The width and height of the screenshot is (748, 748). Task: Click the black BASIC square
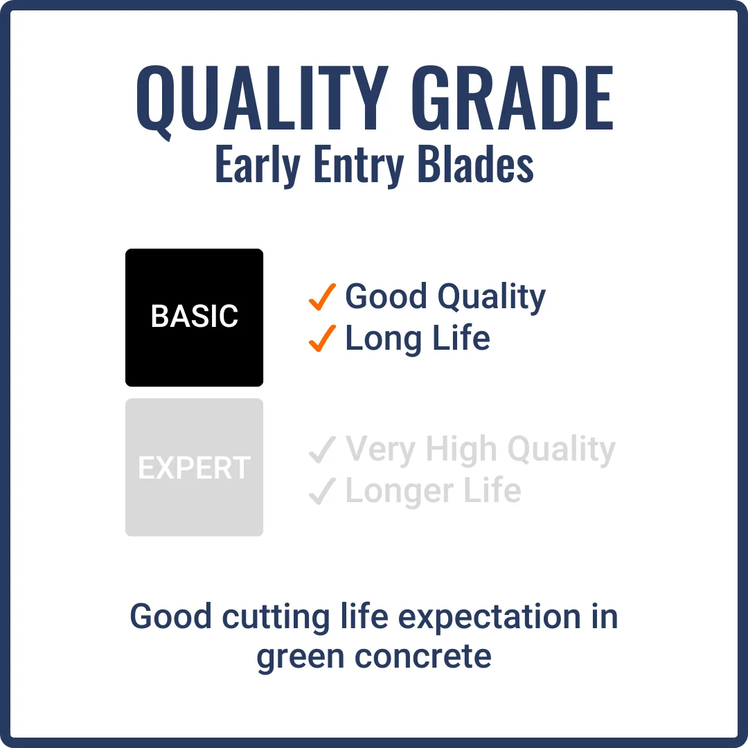pos(194,317)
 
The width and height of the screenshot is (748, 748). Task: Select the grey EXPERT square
pos(194,467)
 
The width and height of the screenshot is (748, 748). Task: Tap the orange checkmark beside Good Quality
pos(322,297)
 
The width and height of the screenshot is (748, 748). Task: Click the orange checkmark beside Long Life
pos(322,339)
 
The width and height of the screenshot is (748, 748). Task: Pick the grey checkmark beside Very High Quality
pos(322,450)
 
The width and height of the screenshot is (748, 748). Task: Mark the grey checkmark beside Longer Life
pos(322,491)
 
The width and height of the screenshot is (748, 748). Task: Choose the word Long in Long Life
pos(377,339)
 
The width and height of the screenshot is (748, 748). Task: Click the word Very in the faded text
pos(380,450)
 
